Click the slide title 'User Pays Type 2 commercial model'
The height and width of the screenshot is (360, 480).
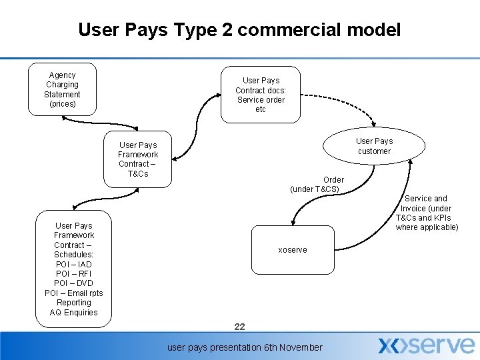pos(239,30)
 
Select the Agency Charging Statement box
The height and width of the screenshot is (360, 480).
pos(62,89)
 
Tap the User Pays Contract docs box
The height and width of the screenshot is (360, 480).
pos(260,95)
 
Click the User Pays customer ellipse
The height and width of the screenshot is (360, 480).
pos(373,146)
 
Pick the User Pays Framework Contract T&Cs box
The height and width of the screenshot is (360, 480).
pos(137,159)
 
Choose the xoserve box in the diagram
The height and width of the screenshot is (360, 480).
pos(292,250)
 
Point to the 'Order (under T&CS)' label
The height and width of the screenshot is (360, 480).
pos(316,184)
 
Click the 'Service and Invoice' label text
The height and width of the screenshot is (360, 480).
pos(427,213)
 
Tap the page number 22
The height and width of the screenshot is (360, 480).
pos(240,327)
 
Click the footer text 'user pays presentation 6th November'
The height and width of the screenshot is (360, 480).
pos(245,347)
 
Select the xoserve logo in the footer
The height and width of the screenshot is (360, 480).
pos(426,345)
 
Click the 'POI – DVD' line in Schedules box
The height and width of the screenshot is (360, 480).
pos(74,283)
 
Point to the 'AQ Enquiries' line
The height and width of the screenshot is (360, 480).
pos(74,313)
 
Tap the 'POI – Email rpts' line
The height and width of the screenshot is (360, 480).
pos(74,293)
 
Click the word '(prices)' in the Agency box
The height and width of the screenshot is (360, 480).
pos(63,104)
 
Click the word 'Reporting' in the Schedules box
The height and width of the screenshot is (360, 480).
pos(74,303)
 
